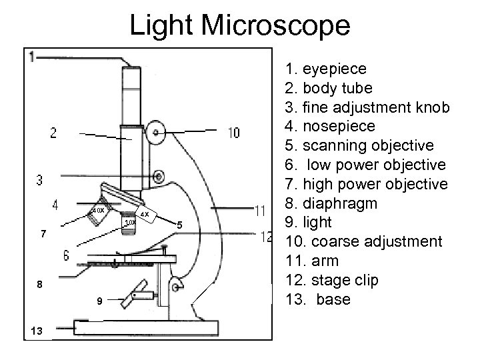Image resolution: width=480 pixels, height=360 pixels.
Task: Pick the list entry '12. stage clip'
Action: (x=331, y=281)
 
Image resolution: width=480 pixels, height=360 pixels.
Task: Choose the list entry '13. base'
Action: (x=317, y=300)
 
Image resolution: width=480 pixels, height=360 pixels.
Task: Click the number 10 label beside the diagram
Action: (x=234, y=133)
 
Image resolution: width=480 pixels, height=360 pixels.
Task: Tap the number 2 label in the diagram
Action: (x=53, y=133)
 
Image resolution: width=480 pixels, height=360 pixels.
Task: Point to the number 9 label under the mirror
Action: (x=99, y=302)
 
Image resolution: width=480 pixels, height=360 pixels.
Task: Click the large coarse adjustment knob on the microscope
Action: (x=157, y=133)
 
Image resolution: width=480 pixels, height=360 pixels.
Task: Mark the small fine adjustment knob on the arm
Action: (x=159, y=176)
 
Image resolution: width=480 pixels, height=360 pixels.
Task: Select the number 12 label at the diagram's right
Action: (x=267, y=236)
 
